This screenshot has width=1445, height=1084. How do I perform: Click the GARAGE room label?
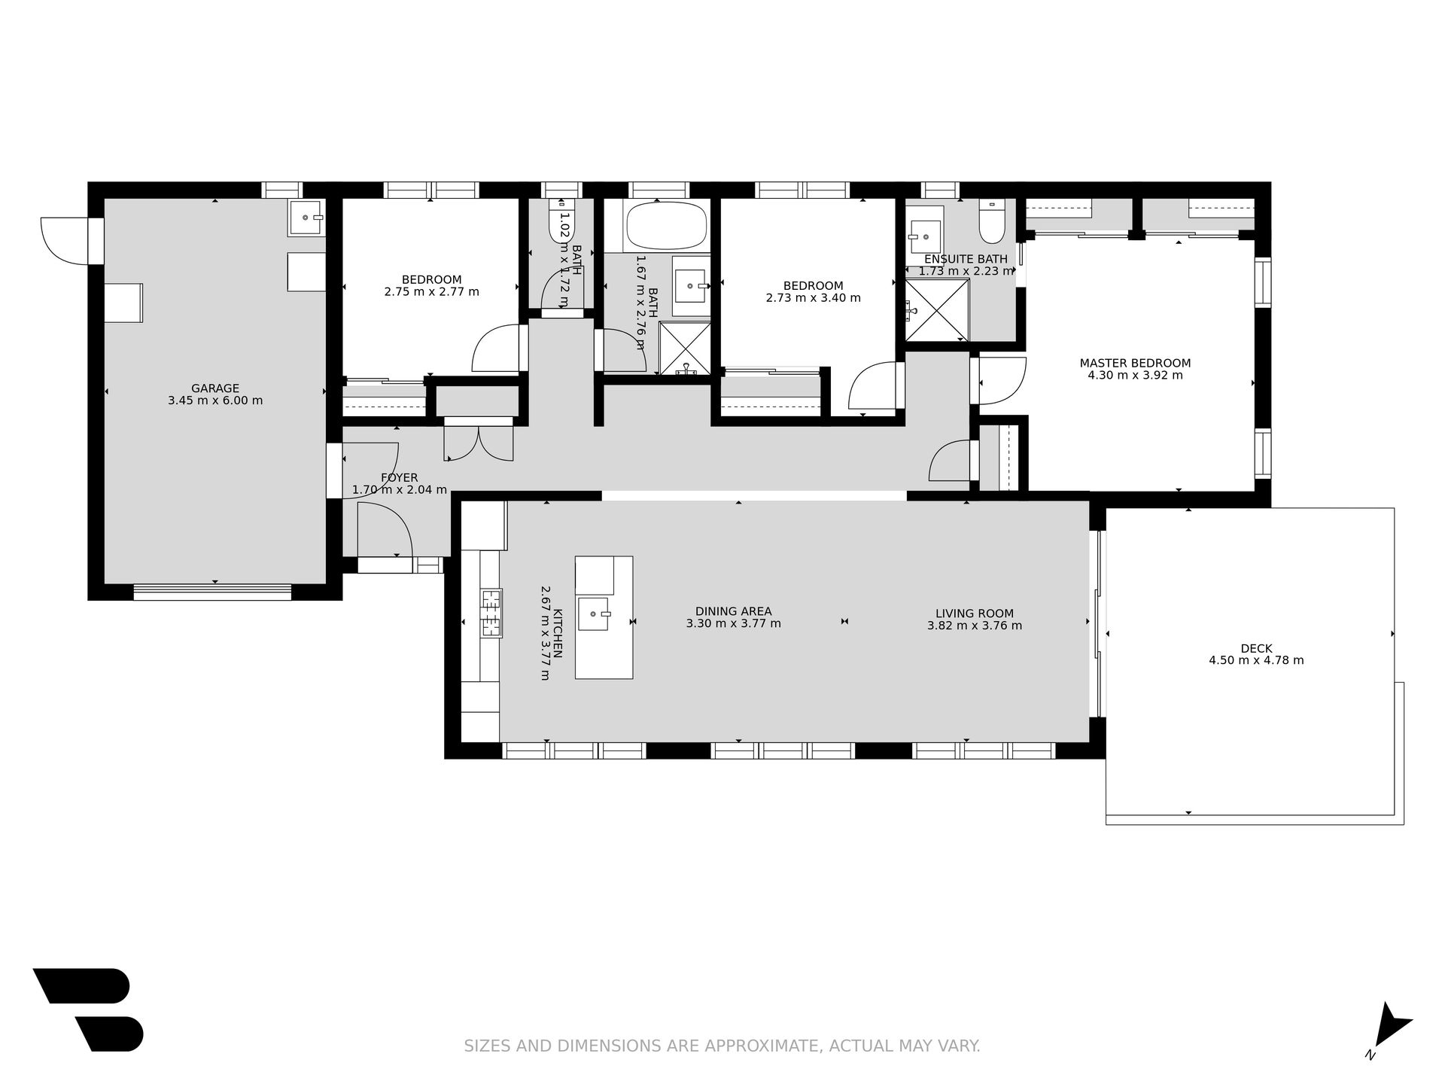[215, 388]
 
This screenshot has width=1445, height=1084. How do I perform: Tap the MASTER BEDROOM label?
[1135, 363]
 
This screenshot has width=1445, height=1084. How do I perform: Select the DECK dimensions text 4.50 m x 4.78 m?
[1256, 660]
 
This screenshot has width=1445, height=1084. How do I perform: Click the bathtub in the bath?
[666, 226]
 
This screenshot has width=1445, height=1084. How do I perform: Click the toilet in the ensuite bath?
[992, 222]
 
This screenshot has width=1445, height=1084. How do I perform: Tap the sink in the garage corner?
[307, 217]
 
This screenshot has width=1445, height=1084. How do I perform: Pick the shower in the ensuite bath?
[937, 309]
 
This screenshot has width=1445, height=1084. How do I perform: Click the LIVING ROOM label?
[975, 614]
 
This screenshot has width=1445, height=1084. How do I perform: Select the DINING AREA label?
[733, 611]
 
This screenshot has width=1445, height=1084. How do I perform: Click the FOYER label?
[399, 478]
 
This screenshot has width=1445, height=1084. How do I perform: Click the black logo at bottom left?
[88, 1009]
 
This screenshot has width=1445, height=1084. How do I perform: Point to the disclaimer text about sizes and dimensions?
[722, 1046]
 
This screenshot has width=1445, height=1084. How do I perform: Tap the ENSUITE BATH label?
[966, 259]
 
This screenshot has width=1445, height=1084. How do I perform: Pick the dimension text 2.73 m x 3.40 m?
[813, 297]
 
